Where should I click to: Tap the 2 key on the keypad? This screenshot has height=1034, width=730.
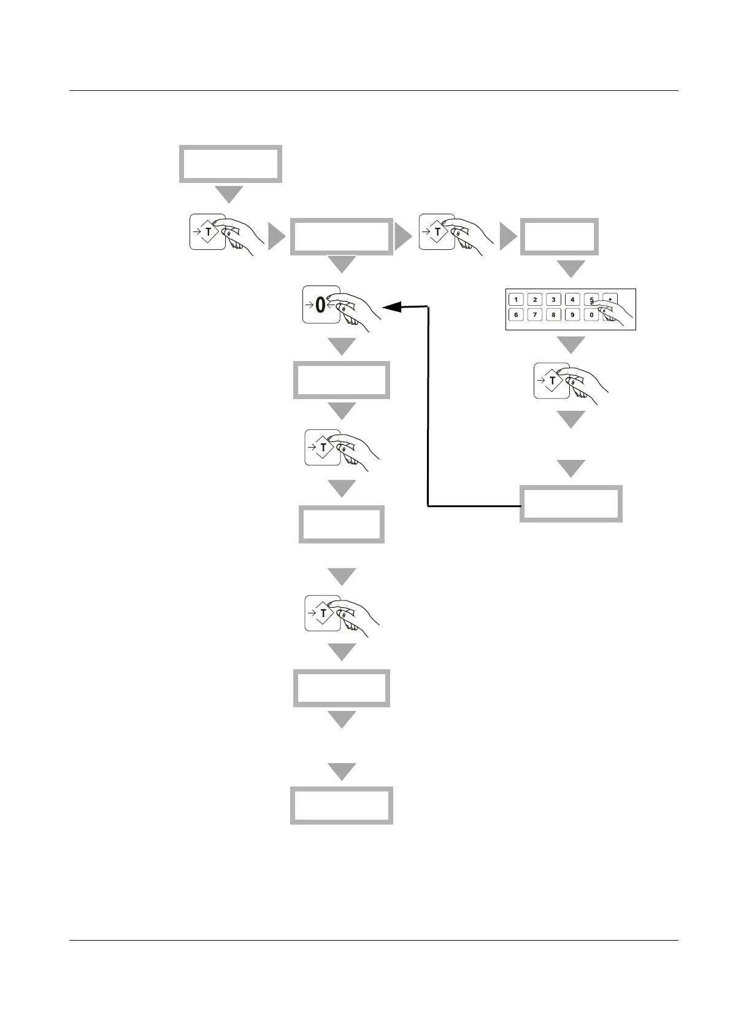point(535,300)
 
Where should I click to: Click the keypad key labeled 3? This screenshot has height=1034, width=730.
point(553,300)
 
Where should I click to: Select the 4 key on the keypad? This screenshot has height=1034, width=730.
point(572,300)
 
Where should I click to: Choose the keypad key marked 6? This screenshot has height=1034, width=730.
point(516,315)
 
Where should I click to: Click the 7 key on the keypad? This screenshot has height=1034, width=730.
point(535,315)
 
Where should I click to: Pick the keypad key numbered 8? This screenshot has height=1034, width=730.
point(553,315)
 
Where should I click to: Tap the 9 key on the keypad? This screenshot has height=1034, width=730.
point(572,315)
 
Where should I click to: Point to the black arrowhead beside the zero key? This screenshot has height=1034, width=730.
point(391,306)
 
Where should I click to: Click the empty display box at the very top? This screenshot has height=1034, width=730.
point(230,164)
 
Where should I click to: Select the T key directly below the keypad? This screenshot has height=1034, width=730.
point(553,381)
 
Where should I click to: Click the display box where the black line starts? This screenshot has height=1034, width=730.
point(571,504)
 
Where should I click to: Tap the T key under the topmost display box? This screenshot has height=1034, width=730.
point(209,232)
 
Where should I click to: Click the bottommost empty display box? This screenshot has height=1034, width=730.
point(341,806)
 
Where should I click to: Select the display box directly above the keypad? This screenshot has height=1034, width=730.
point(559,236)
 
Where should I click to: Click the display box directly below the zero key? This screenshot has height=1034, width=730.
point(341,381)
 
